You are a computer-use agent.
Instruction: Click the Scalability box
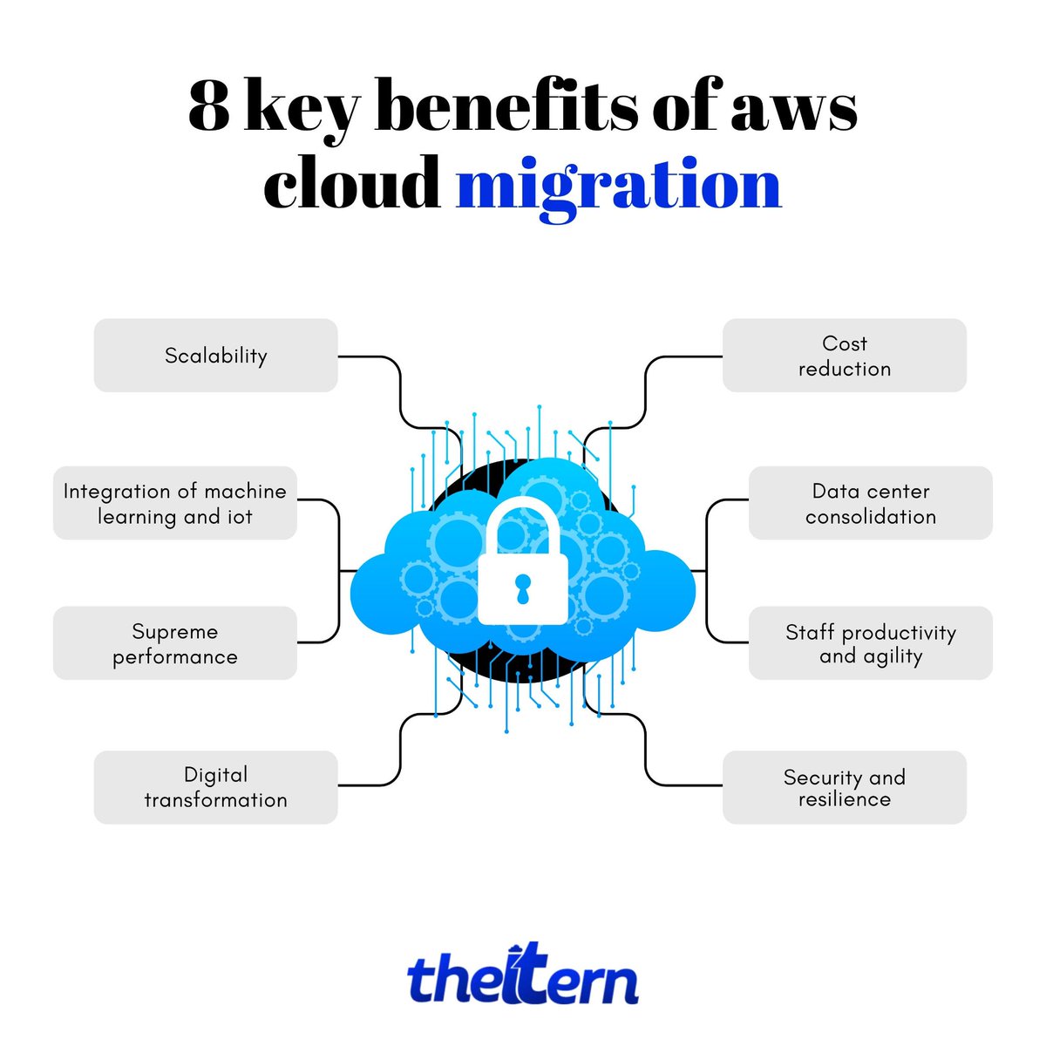(215, 356)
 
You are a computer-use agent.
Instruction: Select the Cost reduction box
(844, 356)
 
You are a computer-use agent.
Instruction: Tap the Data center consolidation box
(870, 503)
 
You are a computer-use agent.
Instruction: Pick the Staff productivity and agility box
(870, 643)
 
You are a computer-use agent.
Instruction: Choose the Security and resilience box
(844, 787)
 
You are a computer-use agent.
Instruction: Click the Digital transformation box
(215, 787)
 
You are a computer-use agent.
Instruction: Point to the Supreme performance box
(174, 643)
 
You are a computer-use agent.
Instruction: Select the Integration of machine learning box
(174, 503)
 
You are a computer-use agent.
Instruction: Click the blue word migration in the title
(618, 186)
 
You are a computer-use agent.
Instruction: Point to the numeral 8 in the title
(208, 107)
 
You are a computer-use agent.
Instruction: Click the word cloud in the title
(352, 186)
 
